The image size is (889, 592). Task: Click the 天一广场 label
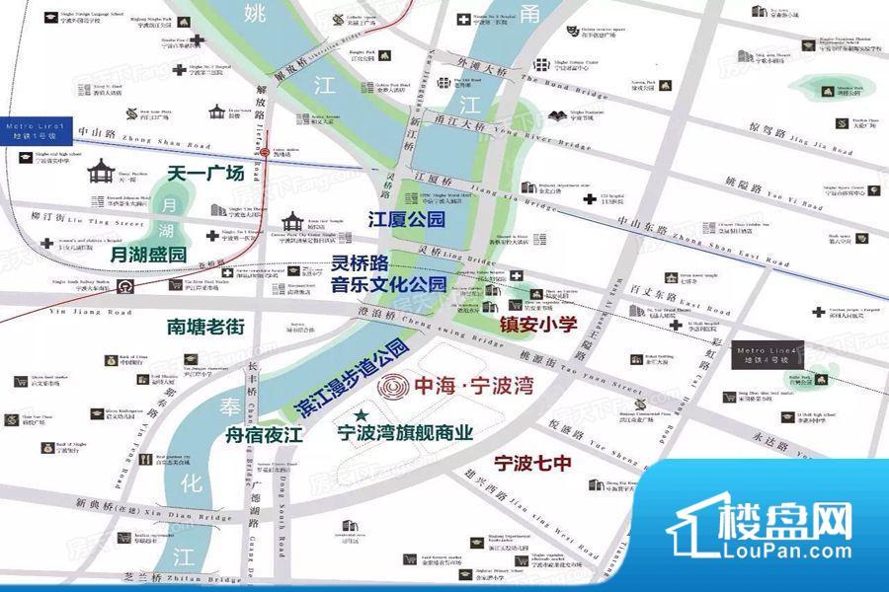(x=205, y=174)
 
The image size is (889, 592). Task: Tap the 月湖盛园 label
(x=149, y=254)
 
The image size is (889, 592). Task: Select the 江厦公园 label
(x=406, y=218)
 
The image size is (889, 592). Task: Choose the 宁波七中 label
(x=533, y=462)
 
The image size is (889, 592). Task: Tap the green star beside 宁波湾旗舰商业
(x=362, y=414)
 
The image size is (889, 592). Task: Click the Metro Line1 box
(x=36, y=133)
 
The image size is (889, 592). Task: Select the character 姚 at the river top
(x=255, y=16)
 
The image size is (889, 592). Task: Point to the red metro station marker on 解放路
(x=267, y=152)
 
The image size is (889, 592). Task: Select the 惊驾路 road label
(x=773, y=131)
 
